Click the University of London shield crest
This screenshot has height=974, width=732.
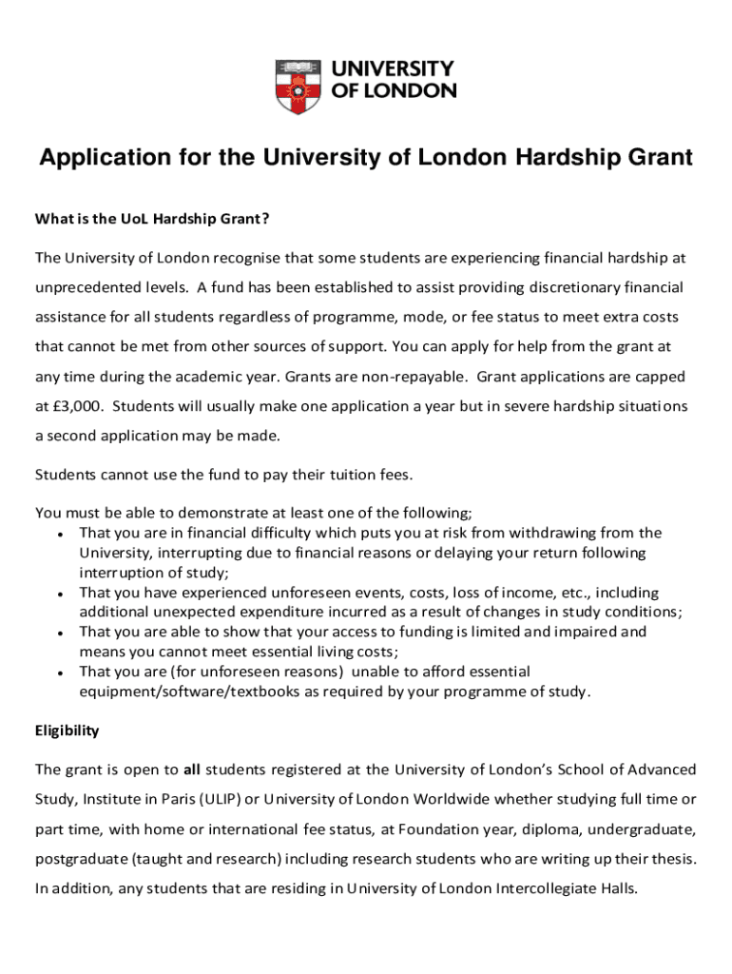(x=299, y=87)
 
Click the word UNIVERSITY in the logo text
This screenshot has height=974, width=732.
(x=393, y=69)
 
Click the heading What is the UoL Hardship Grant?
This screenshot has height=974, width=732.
(x=152, y=220)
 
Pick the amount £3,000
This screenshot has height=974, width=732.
(x=75, y=406)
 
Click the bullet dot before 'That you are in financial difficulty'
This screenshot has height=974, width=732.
(x=60, y=534)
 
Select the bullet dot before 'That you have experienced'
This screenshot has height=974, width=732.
(x=60, y=593)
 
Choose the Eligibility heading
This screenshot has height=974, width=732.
(x=67, y=730)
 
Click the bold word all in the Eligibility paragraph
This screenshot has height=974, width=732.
(x=191, y=769)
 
